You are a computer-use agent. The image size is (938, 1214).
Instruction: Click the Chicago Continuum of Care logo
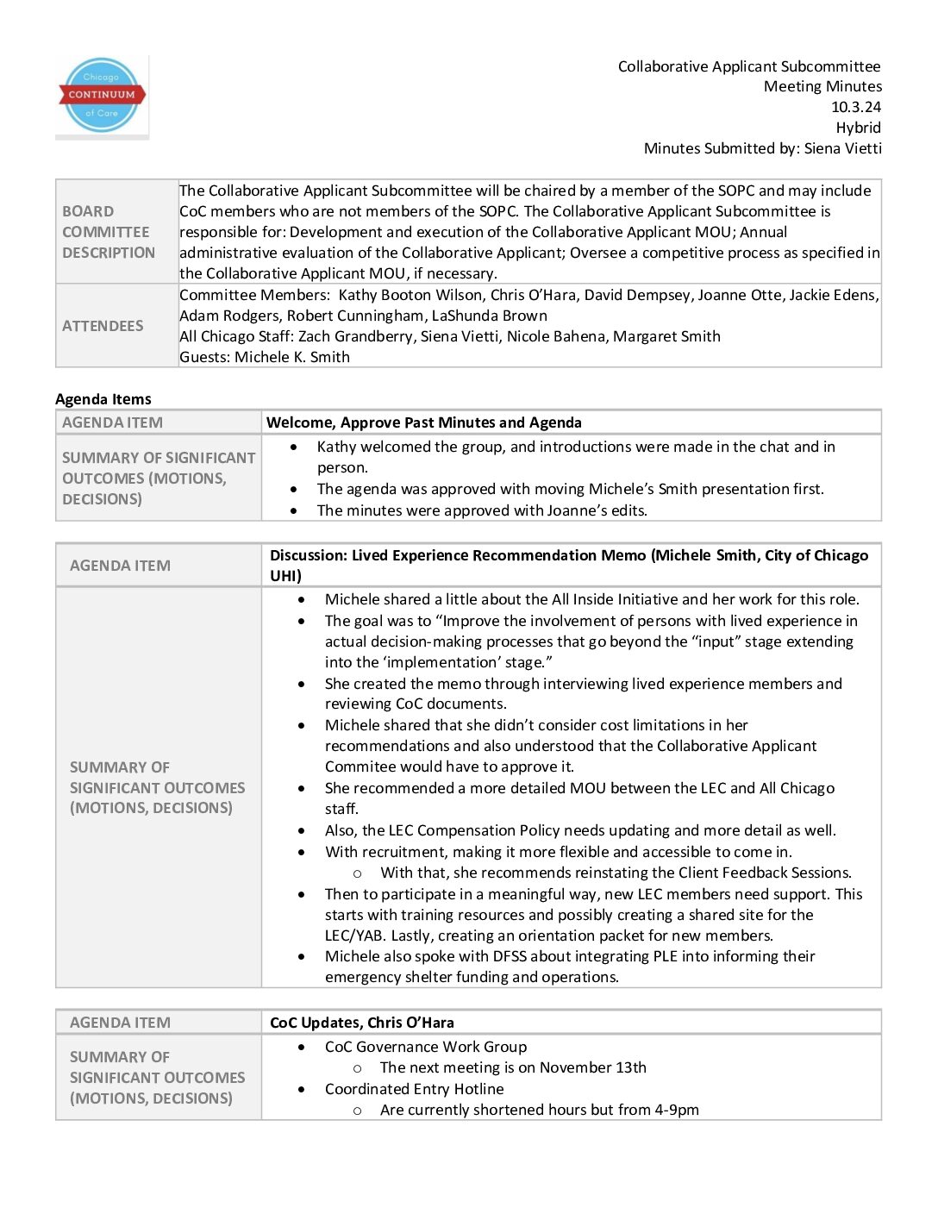pos(102,96)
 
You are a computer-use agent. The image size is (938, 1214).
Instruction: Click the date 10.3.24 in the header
pos(855,107)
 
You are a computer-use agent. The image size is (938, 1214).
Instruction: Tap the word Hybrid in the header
pos(858,128)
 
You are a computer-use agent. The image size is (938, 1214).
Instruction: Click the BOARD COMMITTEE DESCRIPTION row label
pos(109,232)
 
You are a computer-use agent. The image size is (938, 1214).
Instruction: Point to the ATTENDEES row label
pos(103,326)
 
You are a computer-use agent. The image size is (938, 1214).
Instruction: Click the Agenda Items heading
pos(103,399)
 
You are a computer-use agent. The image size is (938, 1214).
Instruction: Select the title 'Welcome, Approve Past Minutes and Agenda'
pos(423,422)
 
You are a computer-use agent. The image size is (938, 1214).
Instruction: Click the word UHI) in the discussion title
pos(285,576)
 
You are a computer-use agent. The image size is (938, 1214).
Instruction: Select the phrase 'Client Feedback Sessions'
pos(764,873)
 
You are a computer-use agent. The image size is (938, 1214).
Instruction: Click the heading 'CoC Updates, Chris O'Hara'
pos(361,1023)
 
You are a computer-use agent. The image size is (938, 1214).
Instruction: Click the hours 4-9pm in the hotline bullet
pos(677,1110)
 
